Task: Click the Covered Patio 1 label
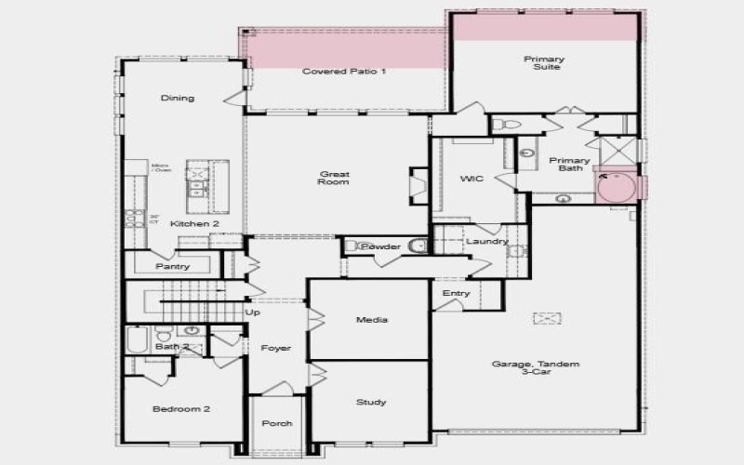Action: pyautogui.click(x=343, y=72)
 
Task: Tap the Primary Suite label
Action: pyautogui.click(x=544, y=63)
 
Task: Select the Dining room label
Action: pyautogui.click(x=178, y=98)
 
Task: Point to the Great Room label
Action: pyautogui.click(x=334, y=178)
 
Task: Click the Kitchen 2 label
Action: pyautogui.click(x=194, y=224)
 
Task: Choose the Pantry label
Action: pyautogui.click(x=173, y=267)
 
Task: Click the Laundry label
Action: pyautogui.click(x=486, y=242)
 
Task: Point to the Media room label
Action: pyautogui.click(x=372, y=320)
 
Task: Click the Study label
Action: pyautogui.click(x=371, y=402)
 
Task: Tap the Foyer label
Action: pyautogui.click(x=276, y=348)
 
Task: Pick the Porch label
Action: pyautogui.click(x=276, y=423)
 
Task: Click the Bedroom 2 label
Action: pyautogui.click(x=180, y=408)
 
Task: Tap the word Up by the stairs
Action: pyautogui.click(x=253, y=312)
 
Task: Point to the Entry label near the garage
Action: pyautogui.click(x=457, y=294)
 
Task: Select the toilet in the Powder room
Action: pyautogui.click(x=417, y=246)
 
